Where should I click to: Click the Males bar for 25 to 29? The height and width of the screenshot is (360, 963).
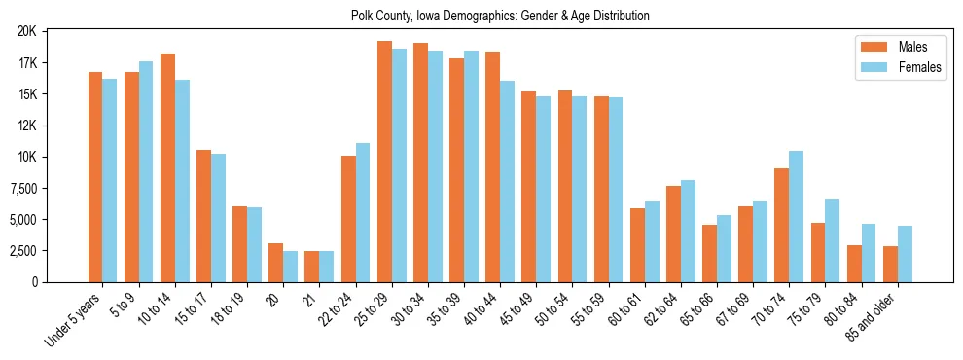click(384, 162)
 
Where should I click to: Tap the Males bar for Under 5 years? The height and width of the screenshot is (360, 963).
click(95, 177)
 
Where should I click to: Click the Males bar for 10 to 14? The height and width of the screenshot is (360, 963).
click(167, 167)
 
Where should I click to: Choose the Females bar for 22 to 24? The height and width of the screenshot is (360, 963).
click(363, 212)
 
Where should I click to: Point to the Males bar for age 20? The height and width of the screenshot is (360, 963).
click(276, 263)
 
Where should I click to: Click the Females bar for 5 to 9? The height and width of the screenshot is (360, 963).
click(146, 171)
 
